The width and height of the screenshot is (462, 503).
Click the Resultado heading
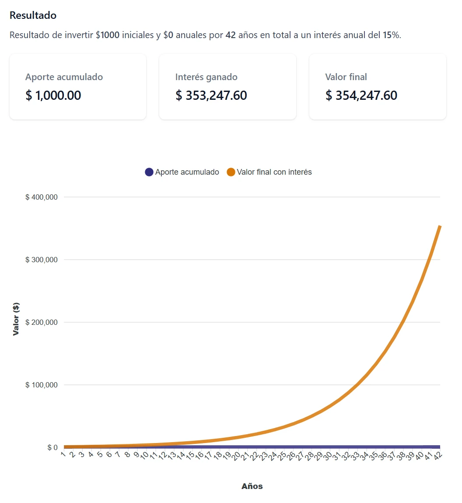(x=33, y=15)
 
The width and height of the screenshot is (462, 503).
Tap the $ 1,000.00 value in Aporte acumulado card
(x=53, y=95)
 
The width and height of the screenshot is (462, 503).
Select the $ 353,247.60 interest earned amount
(x=211, y=95)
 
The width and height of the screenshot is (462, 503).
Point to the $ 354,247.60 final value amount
(x=361, y=95)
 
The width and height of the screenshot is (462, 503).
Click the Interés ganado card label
(x=206, y=77)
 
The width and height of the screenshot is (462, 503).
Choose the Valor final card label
(x=346, y=77)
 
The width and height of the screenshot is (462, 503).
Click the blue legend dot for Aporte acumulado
(x=149, y=172)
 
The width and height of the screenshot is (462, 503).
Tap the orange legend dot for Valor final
(x=231, y=172)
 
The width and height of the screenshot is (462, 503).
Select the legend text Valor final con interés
(x=274, y=172)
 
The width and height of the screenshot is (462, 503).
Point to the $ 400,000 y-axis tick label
(x=42, y=197)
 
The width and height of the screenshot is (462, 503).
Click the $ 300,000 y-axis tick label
(x=42, y=260)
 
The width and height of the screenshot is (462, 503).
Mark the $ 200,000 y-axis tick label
(x=42, y=322)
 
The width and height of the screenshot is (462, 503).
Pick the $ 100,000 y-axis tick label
(x=42, y=385)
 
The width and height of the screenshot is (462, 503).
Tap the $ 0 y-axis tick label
(x=52, y=447)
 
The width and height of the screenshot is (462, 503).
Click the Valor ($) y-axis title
(x=16, y=319)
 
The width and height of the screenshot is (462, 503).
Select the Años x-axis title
(x=252, y=486)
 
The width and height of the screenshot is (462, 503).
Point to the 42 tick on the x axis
(x=438, y=456)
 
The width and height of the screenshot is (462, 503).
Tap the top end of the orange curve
(x=440, y=226)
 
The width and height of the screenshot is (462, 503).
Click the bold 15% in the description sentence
(x=391, y=35)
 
